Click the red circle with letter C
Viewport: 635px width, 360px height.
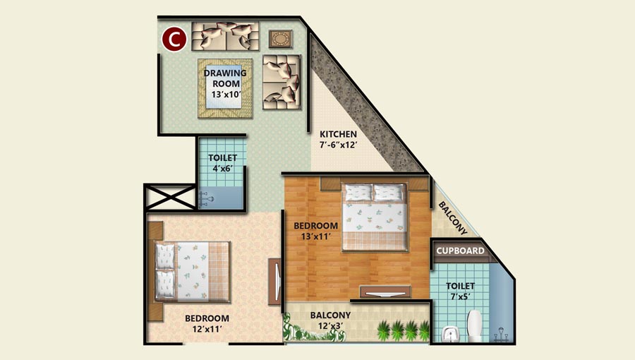pyautogui.click(x=174, y=40)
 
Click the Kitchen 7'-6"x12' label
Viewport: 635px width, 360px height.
pyautogui.click(x=338, y=139)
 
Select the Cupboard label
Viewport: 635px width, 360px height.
pyautogui.click(x=460, y=251)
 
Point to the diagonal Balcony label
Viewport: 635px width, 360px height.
pyautogui.click(x=453, y=218)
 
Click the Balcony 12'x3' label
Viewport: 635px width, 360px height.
pyautogui.click(x=330, y=320)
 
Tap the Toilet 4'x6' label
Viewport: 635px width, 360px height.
pyautogui.click(x=222, y=163)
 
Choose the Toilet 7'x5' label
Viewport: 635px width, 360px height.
pyautogui.click(x=460, y=291)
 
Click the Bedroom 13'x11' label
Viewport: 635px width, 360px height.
pyautogui.click(x=316, y=231)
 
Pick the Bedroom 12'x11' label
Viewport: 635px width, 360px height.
pyautogui.click(x=207, y=323)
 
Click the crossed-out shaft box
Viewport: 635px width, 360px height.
pyautogui.click(x=170, y=197)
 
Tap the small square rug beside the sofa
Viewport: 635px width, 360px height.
pyautogui.click(x=280, y=39)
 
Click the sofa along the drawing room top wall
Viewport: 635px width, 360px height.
pyautogui.click(x=225, y=36)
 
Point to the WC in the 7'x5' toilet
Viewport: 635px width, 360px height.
pyautogui.click(x=474, y=326)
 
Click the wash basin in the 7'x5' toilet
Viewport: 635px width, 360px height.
pyautogui.click(x=449, y=334)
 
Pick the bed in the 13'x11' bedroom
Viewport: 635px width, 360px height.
pyautogui.click(x=374, y=217)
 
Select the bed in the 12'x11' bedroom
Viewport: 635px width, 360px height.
pyautogui.click(x=192, y=271)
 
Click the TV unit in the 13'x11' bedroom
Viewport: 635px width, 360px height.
pyautogui.click(x=385, y=292)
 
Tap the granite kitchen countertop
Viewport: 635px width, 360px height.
pyautogui.click(x=365, y=105)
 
